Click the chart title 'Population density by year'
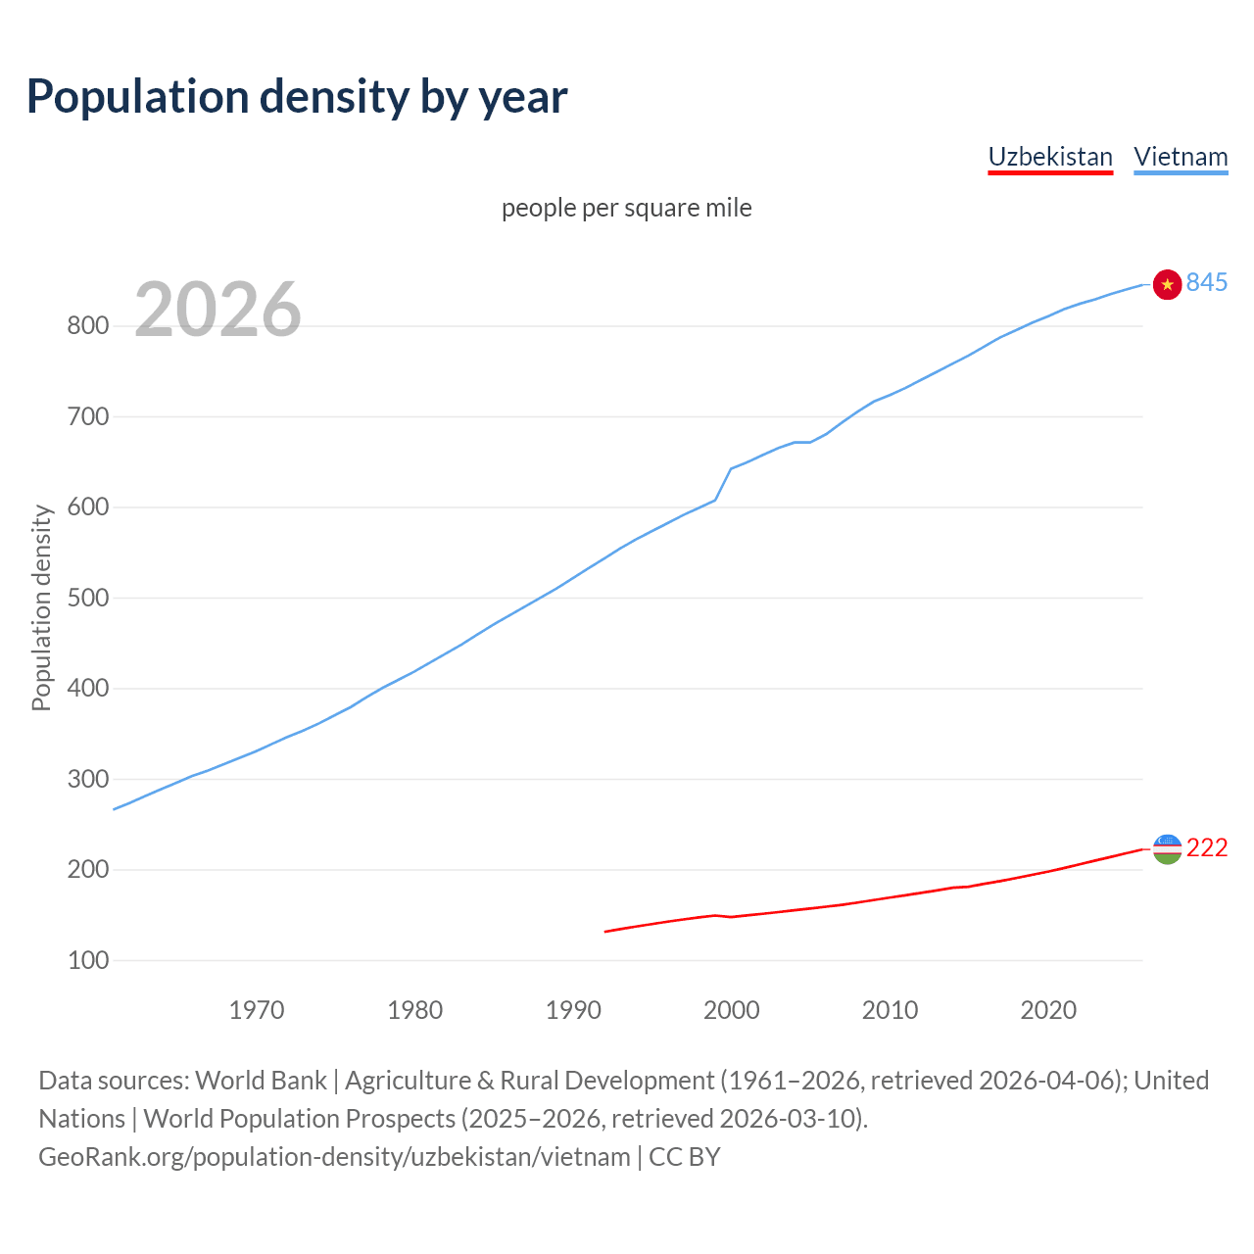[x=297, y=96]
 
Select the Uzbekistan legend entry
[x=1050, y=157]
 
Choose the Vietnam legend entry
[x=1181, y=157]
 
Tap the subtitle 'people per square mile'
[x=627, y=208]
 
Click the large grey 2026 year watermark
[x=217, y=310]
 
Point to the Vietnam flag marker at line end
[x=1167, y=284]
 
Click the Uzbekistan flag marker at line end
[x=1167, y=848]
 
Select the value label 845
[x=1207, y=282]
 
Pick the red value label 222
[x=1207, y=847]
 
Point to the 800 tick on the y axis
[x=87, y=326]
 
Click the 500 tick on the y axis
[x=87, y=598]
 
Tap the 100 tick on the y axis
[x=87, y=960]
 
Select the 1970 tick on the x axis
[x=257, y=1010]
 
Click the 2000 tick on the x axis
[x=732, y=1010]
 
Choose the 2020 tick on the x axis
[x=1048, y=1010]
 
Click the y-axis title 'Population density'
[x=41, y=607]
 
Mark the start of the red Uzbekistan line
[x=605, y=931]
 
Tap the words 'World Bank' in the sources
[x=261, y=1081]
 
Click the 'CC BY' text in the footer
[x=685, y=1157]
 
